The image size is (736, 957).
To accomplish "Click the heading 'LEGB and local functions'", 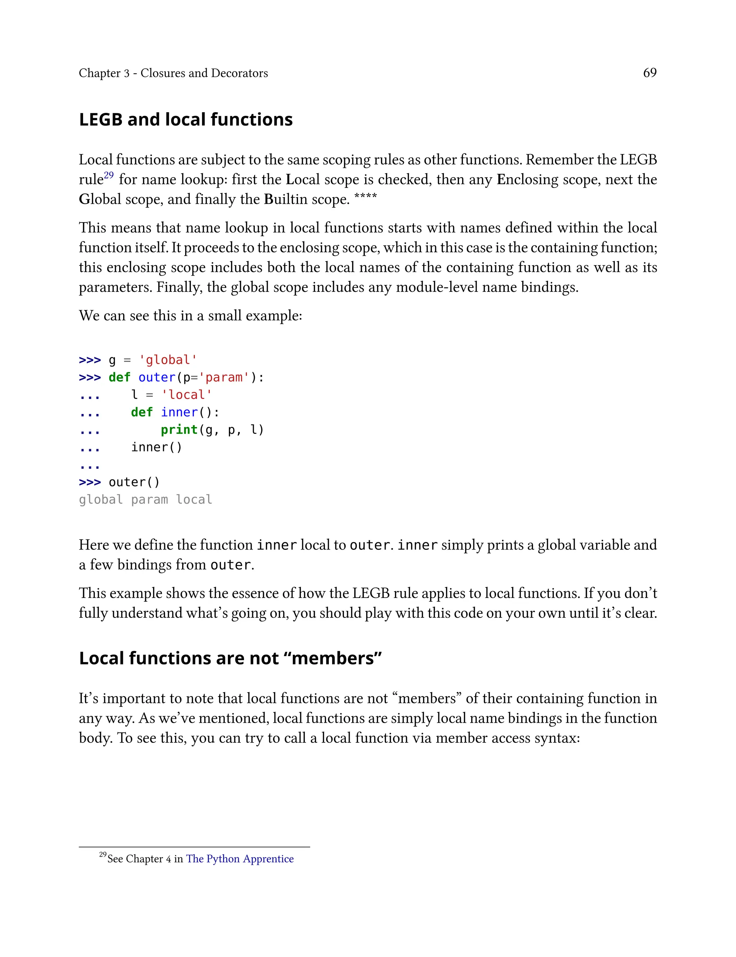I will [186, 120].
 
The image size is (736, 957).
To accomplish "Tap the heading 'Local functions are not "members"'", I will [230, 658].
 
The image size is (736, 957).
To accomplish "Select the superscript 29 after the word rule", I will [109, 176].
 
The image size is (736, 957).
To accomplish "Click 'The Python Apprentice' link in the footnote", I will [240, 859].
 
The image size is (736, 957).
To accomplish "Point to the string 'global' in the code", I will [168, 360].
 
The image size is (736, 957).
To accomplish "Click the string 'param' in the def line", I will [224, 378].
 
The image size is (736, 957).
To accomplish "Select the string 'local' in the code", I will [187, 395].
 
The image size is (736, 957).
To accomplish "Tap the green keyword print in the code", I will [179, 430].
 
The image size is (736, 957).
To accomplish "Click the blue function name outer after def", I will [157, 378].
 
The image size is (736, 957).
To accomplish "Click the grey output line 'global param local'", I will [146, 500].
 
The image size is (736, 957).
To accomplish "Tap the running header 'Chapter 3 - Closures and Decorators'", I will [173, 73].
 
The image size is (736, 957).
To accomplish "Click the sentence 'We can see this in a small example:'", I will [190, 316].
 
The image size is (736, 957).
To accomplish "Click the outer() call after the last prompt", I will [134, 482].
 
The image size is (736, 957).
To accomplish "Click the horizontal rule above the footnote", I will [194, 847].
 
